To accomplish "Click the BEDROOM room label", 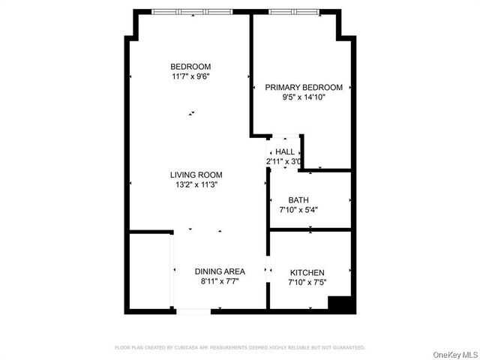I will click(190, 66).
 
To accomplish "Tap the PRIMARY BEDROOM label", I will click(304, 88).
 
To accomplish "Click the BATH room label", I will click(298, 200).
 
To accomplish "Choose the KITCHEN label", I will click(307, 272).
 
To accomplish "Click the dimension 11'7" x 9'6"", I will click(190, 76).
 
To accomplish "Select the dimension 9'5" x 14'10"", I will click(304, 97).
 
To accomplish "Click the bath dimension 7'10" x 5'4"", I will click(298, 210).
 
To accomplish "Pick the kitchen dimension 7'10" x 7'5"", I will click(307, 282).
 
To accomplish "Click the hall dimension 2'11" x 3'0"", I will click(283, 162).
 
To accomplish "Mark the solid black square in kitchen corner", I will click(340, 303).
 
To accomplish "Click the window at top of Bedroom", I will click(192, 12).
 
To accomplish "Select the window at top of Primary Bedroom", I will click(292, 12).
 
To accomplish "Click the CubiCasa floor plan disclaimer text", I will click(239, 347).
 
